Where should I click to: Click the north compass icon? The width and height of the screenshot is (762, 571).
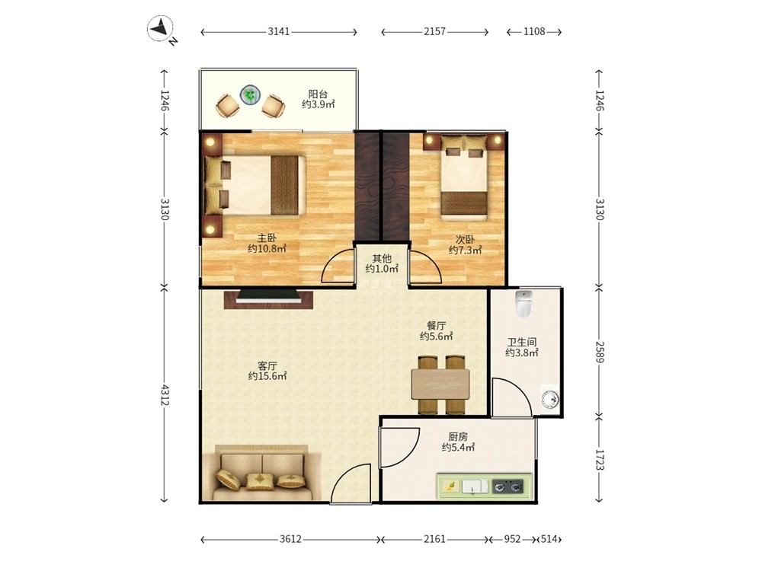161,28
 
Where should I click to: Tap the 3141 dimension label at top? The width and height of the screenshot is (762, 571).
278,31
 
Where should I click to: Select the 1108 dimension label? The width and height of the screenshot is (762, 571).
534,31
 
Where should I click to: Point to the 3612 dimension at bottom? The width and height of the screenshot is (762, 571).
290,539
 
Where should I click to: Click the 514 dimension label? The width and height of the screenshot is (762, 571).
549,539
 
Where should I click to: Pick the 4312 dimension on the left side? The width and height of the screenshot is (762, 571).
165,394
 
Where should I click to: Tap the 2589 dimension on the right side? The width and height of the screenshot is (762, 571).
599,352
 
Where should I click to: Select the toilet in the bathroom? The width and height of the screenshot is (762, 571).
523,304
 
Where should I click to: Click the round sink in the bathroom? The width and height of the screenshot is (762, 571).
551,400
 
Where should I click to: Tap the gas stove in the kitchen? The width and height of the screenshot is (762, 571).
507,486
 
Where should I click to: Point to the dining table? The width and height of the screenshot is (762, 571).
440,384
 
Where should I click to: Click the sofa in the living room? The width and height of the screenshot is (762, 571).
262,473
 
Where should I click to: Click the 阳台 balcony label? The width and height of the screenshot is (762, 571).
318,94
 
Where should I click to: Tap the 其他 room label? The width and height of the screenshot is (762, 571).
382,258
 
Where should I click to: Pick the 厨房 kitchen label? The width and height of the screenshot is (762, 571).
458,436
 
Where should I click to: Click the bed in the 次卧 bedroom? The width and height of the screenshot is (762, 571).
463,177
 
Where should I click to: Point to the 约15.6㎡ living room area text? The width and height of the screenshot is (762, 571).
267,376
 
